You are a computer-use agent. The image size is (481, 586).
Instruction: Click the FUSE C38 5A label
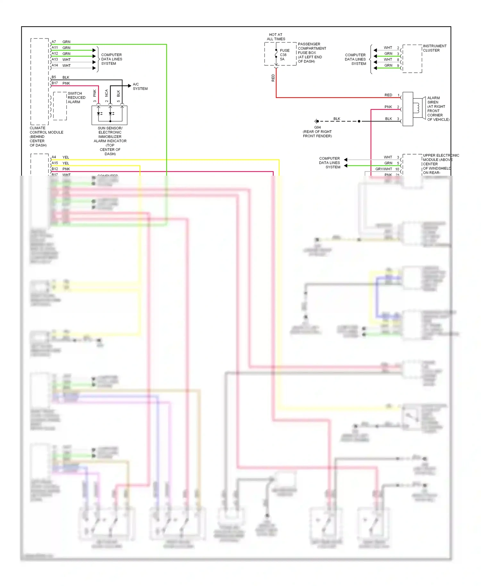284,55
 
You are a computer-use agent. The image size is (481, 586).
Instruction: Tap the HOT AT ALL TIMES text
276,37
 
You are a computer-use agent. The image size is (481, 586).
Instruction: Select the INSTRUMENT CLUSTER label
434,48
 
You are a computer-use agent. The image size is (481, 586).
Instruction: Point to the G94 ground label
317,127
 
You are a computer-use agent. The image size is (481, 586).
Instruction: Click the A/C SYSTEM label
140,86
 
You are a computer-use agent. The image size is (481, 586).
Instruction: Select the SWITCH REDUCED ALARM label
76,97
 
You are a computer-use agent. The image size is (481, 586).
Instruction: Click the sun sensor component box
109,115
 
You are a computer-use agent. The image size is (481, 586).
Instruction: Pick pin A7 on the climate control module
54,42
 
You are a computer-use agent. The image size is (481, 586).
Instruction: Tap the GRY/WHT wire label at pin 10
384,169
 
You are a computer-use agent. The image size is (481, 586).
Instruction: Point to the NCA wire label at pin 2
106,93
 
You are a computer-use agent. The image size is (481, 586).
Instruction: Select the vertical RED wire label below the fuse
273,78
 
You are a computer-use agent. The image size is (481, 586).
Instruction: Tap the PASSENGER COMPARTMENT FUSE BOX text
311,53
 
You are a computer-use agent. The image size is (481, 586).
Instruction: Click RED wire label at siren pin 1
388,95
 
